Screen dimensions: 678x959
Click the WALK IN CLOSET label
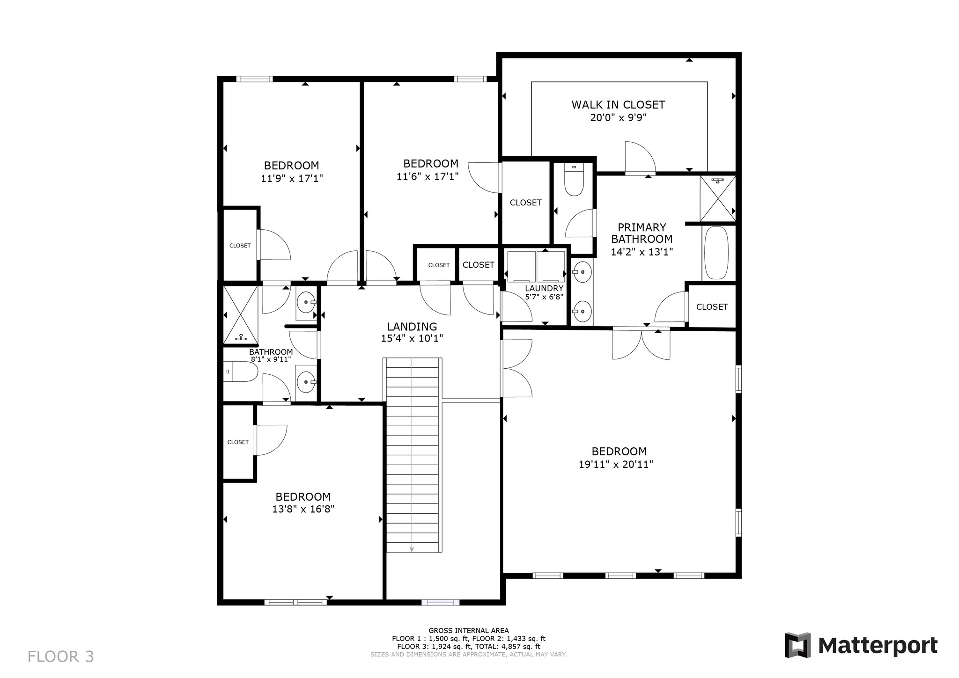tap(618, 104)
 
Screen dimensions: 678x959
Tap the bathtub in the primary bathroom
tap(716, 253)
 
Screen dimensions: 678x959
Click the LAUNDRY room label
tap(544, 288)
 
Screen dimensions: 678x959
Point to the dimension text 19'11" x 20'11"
tap(616, 464)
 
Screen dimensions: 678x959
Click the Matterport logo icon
tap(797, 645)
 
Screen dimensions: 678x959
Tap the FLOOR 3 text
tap(60, 656)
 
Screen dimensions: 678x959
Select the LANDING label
tap(412, 327)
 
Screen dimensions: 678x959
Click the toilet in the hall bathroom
tap(241, 372)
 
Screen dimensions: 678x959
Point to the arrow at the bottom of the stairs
tap(412, 549)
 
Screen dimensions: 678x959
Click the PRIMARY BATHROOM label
tap(642, 233)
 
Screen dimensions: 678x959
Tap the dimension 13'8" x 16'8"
tap(303, 509)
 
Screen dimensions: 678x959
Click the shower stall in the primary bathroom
tap(717, 198)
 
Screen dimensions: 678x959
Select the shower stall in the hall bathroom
tap(240, 314)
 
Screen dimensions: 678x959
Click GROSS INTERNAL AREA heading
tap(468, 630)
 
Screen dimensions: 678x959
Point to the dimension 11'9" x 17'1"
tap(292, 178)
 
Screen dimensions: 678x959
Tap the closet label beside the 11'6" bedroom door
tap(525, 203)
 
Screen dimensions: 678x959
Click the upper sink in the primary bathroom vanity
tap(583, 272)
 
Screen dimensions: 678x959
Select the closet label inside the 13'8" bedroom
tap(238, 442)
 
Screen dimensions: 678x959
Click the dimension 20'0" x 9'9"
tap(618, 117)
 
